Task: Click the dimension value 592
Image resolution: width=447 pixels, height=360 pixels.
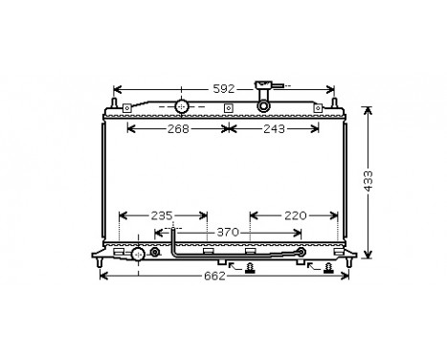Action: click(x=223, y=88)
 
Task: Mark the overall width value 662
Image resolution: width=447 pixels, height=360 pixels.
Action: click(x=214, y=277)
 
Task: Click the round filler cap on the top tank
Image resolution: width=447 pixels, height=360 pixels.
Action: click(x=182, y=105)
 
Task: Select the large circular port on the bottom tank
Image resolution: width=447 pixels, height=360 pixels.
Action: click(x=140, y=254)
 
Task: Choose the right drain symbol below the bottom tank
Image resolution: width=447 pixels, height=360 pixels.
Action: click(x=327, y=268)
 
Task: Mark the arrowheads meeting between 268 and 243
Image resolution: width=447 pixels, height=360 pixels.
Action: click(x=225, y=128)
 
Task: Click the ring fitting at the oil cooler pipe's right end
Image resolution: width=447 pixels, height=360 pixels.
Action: click(x=302, y=254)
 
